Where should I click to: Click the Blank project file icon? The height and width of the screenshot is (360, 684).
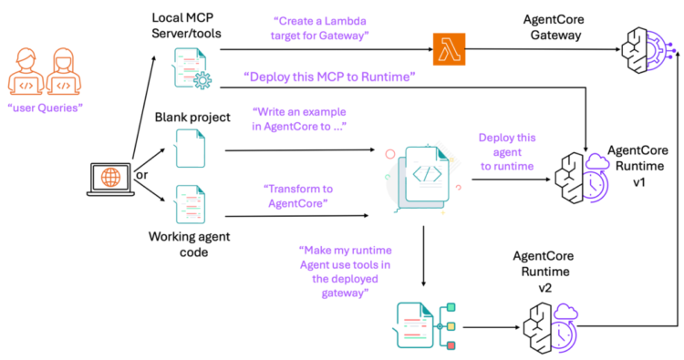189,147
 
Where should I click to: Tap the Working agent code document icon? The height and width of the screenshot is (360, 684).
189,204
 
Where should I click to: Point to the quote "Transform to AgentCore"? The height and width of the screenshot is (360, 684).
297,195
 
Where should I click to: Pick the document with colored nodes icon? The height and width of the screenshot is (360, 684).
426,324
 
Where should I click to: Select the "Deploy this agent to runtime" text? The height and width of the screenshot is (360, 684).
507,153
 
